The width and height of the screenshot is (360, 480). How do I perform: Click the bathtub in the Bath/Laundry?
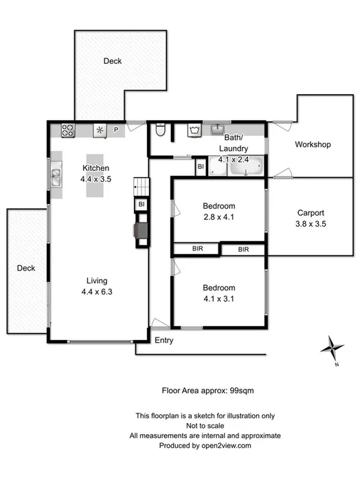click(x=246, y=166)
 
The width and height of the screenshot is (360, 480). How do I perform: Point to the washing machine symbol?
click(x=193, y=130)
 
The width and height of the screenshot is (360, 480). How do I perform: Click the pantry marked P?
click(x=116, y=129)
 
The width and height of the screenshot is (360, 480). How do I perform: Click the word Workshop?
click(x=313, y=145)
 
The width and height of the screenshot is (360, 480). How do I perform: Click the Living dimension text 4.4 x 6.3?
click(x=95, y=292)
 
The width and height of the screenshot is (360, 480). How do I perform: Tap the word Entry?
click(x=164, y=341)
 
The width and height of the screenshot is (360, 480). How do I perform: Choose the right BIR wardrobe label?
click(x=243, y=249)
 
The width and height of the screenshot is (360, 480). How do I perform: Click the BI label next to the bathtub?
click(x=200, y=166)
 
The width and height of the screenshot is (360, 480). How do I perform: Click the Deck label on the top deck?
click(x=113, y=61)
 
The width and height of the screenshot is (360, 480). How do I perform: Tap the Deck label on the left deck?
click(x=26, y=268)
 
